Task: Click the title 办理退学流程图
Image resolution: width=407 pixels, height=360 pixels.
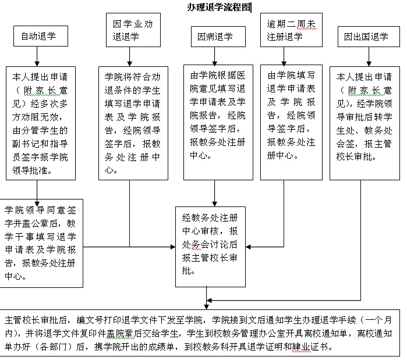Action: (x=219, y=7)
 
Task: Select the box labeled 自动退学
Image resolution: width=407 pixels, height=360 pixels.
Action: (x=38, y=37)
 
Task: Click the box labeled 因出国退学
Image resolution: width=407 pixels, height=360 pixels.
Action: (x=366, y=37)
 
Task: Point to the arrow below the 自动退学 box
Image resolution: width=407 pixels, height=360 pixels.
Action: (x=37, y=56)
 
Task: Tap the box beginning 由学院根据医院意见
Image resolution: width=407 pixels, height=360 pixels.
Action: (x=218, y=116)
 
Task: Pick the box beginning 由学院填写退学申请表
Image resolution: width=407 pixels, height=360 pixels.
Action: (x=291, y=116)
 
